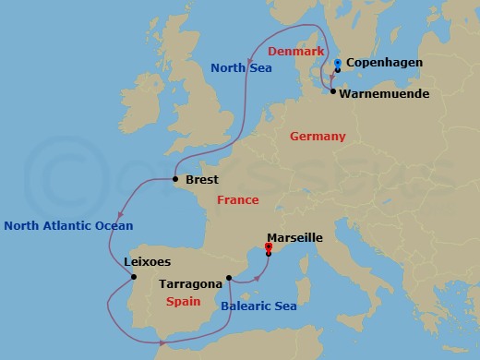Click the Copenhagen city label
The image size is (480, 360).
pos(386,63)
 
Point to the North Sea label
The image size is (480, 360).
pos(241,67)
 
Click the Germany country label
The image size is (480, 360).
pos(317,137)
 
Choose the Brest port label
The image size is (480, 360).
pos(201,181)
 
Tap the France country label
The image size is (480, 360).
pos(237,200)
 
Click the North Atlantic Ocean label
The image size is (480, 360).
pos(68,225)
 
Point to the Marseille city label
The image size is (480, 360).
pos(294,237)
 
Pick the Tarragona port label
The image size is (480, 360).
pos(188,284)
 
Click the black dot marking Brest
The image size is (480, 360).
pos(175,180)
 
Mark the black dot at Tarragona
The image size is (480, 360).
pos(228,277)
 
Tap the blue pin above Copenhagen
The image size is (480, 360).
pos(338,63)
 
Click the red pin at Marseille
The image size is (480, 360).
pos(269,246)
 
